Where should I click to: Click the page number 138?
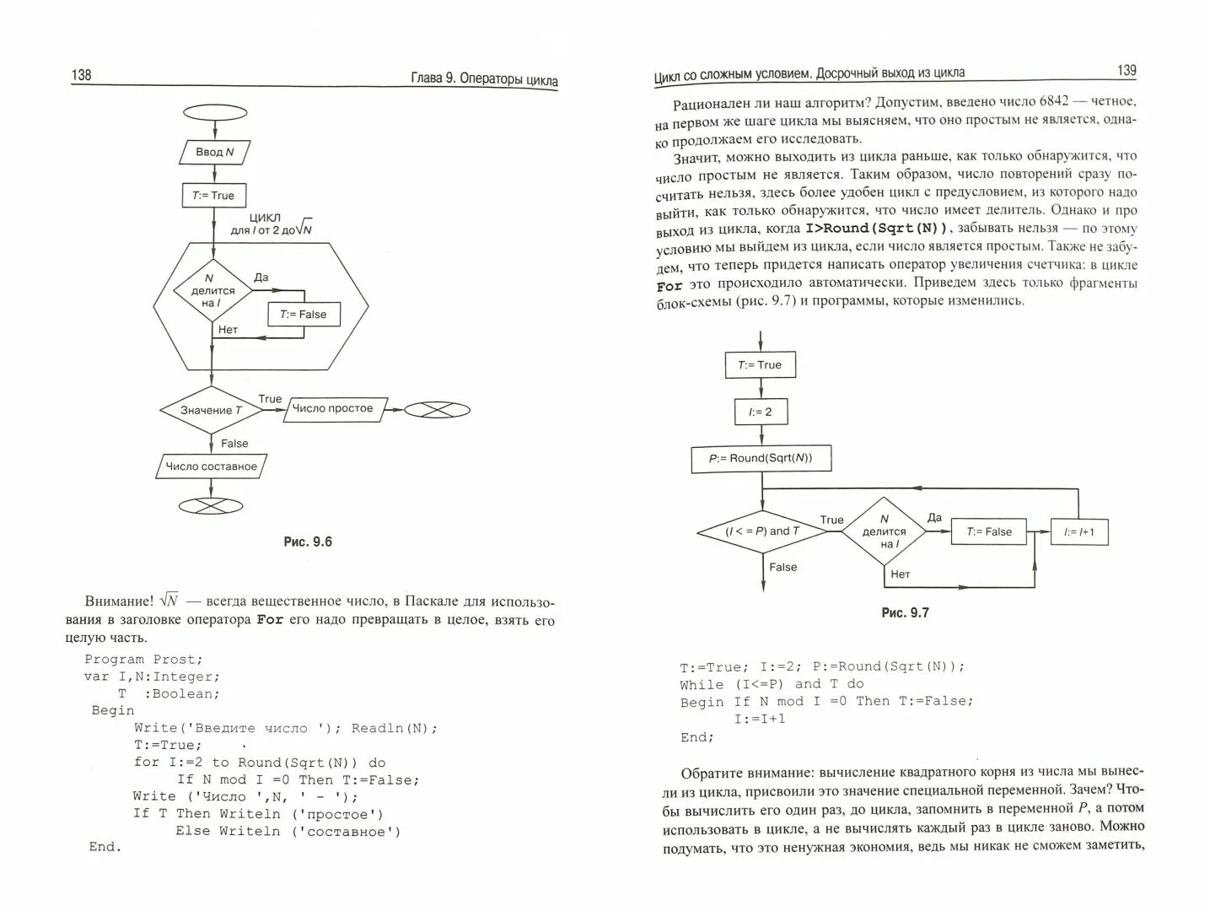(82, 75)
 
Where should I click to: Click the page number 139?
(1127, 71)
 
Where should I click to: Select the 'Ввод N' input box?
(215, 152)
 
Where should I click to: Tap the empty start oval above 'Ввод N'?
(215, 112)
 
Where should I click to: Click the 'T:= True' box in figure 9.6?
(213, 195)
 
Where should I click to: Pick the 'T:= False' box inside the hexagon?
(303, 315)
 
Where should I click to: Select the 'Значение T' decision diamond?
(211, 410)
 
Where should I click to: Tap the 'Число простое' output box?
(333, 408)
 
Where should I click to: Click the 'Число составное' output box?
(211, 466)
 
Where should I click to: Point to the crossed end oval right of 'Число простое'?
(437, 409)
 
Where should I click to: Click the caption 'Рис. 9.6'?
(308, 542)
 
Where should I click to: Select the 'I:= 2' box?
(761, 412)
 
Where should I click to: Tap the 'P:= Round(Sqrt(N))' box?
(761, 458)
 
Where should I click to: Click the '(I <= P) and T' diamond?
(762, 531)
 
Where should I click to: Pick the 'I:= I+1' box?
(1078, 531)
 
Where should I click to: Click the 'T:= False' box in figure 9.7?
(989, 531)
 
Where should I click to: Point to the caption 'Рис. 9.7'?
(905, 612)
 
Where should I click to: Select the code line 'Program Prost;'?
(143, 659)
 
